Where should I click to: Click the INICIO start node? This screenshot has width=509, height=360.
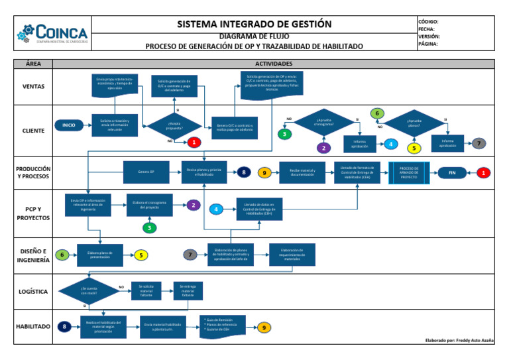(x=69, y=125)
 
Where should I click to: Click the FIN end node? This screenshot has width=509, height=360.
(x=453, y=172)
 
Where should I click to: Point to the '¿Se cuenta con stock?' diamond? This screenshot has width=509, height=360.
(x=88, y=290)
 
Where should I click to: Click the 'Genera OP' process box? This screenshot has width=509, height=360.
(x=146, y=172)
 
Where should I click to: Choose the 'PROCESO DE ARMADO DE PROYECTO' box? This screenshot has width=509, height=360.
(x=409, y=172)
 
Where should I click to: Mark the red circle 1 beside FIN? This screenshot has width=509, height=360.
(x=485, y=172)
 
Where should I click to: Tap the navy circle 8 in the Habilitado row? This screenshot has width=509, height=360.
(x=64, y=326)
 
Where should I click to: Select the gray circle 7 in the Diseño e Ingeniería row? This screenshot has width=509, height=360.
(x=190, y=255)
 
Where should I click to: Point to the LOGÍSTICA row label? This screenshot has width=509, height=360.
(x=33, y=290)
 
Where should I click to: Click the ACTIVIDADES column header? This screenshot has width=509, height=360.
(x=273, y=64)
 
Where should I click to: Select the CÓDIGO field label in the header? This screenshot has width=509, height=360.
(x=429, y=22)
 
